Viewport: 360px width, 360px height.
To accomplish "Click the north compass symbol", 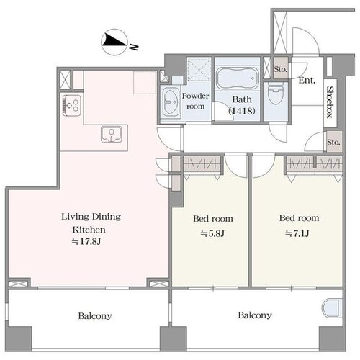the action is (114, 42).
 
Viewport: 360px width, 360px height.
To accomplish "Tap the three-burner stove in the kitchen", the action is (72, 106).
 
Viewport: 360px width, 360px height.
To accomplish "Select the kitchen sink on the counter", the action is (112, 135).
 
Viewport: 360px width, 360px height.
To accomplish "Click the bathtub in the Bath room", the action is (238, 78).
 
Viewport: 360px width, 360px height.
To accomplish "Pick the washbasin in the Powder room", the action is (171, 102).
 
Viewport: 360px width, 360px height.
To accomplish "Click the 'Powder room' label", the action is (195, 101).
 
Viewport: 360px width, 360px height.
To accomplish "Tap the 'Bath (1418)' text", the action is (242, 105).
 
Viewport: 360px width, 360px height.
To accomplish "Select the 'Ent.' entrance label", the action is (307, 80).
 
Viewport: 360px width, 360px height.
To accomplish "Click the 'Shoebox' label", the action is (330, 102).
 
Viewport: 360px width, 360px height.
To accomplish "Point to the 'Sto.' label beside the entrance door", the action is (281, 69).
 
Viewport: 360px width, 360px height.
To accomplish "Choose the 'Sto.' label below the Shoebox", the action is (333, 142).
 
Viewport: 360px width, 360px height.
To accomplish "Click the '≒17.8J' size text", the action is (86, 241).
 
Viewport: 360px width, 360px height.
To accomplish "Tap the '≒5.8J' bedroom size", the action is (212, 233).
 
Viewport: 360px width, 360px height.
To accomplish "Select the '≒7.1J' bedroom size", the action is (297, 233).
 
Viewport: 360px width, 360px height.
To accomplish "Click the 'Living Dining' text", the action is (91, 217).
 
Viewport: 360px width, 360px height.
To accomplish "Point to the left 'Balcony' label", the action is (95, 316).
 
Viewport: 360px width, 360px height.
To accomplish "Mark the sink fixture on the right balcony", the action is (331, 308).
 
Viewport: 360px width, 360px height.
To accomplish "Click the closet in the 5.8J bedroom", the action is (202, 164).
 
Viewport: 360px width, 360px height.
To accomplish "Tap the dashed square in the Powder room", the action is (199, 69).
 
